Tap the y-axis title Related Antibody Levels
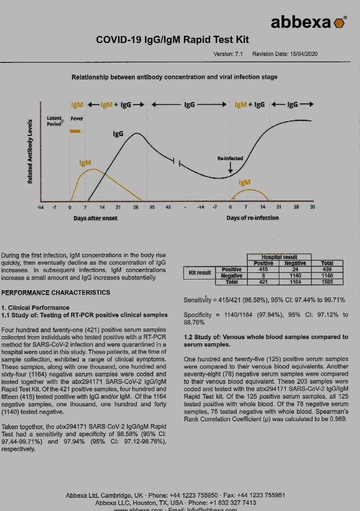pyautogui.click(x=30, y=152)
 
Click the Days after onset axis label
pyautogui.click(x=95, y=218)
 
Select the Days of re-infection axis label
pyautogui.click(x=253, y=218)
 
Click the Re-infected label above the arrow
pyautogui.click(x=230, y=158)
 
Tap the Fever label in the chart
pyautogui.click(x=77, y=119)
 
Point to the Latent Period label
pyautogui.click(x=54, y=121)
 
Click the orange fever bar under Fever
pyautogui.click(x=76, y=131)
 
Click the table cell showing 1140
pyautogui.click(x=295, y=275)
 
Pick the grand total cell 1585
pyautogui.click(x=327, y=282)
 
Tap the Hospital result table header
pyautogui.click(x=279, y=257)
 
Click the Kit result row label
pyautogui.click(x=200, y=273)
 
